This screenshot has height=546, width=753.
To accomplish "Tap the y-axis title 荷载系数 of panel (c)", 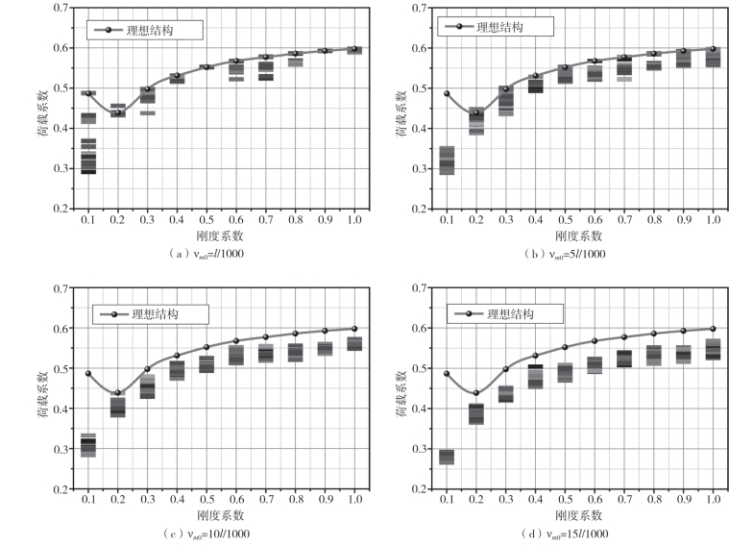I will [x=43, y=388].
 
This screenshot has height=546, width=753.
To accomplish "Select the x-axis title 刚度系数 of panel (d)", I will [x=581, y=516].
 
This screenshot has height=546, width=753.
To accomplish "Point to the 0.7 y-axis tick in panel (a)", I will [x=61, y=8].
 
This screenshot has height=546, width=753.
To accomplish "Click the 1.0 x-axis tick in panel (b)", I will [x=713, y=221].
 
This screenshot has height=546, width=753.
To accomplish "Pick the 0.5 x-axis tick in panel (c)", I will [x=206, y=502].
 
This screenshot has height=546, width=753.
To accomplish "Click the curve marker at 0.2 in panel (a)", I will [x=118, y=112].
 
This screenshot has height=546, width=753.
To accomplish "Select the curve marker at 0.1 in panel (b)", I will [x=448, y=94].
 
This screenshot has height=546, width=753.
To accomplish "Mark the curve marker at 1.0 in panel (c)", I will [x=354, y=329].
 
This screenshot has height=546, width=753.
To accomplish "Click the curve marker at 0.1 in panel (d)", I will [x=448, y=373].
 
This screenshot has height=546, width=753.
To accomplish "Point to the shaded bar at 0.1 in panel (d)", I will [x=448, y=457].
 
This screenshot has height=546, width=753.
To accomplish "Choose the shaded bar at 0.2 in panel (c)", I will [x=118, y=407].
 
